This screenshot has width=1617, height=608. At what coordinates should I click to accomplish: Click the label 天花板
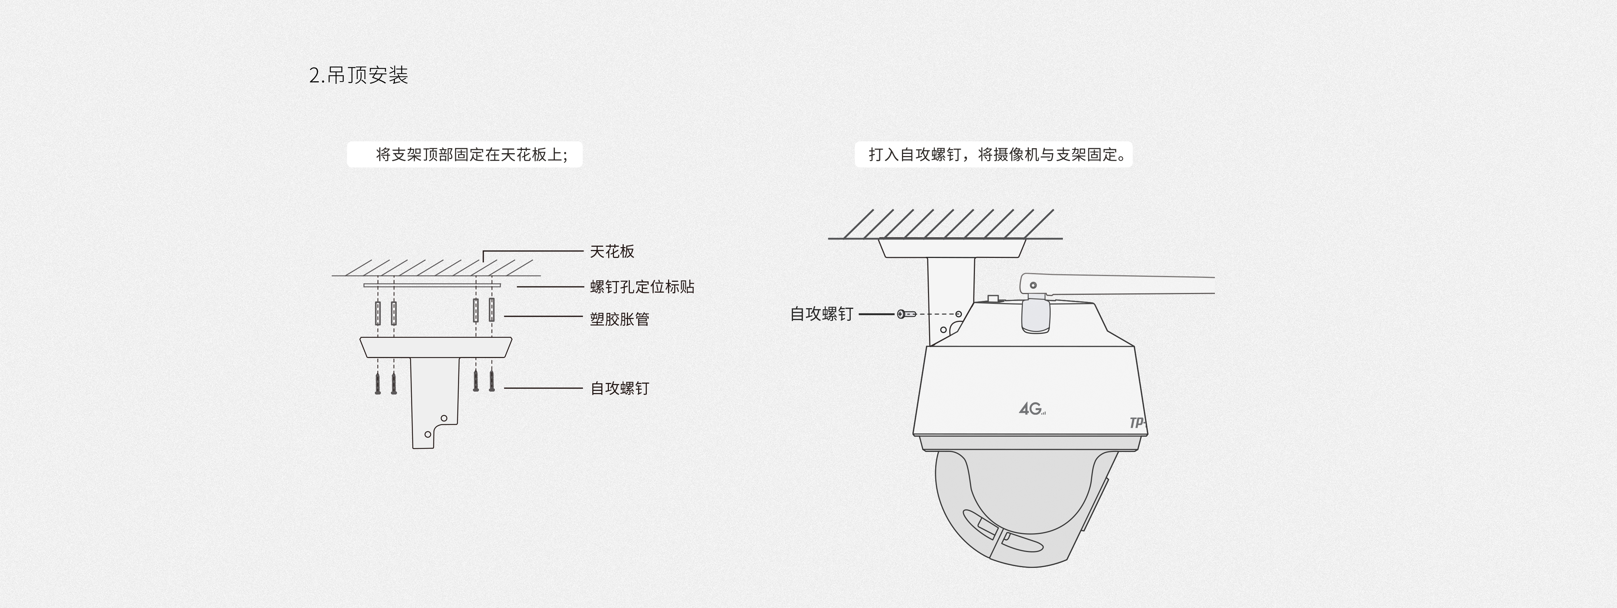pyautogui.click(x=612, y=251)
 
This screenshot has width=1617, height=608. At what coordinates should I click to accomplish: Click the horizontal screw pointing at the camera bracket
pyautogui.click(x=906, y=314)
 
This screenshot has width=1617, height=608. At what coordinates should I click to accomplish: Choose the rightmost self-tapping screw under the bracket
pyautogui.click(x=492, y=381)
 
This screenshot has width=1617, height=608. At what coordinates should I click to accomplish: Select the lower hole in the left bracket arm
pyautogui.click(x=428, y=434)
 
